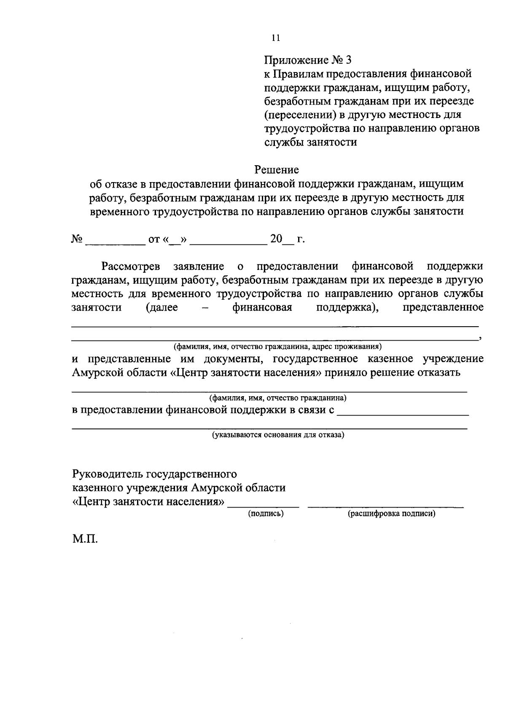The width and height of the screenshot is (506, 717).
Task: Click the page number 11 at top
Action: pos(275,38)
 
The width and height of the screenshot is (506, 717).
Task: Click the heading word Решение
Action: pos(277,170)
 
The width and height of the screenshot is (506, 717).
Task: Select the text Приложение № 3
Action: pos(307,60)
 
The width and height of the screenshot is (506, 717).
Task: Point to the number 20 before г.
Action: pos(276,239)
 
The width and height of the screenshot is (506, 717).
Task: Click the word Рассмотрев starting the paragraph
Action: pos(131,266)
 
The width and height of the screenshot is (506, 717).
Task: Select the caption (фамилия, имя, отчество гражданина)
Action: pos(278,398)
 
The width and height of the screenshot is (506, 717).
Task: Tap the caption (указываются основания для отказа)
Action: pos(278,435)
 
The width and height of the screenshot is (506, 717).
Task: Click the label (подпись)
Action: pos(266,513)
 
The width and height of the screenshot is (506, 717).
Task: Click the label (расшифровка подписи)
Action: pos(391,513)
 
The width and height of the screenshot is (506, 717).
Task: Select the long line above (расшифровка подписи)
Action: pos(385,505)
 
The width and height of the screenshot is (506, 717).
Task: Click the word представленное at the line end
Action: pos(443,307)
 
